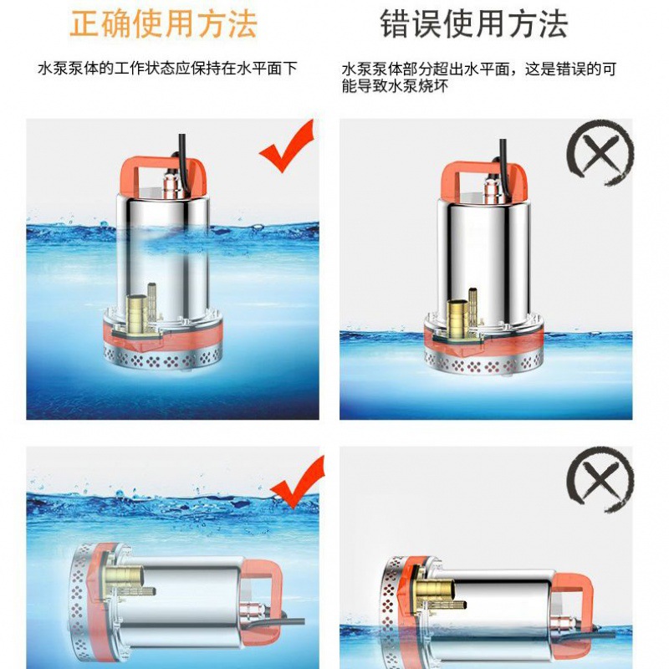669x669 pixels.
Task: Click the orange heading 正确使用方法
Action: [x=163, y=24]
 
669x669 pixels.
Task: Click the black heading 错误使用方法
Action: [x=474, y=24]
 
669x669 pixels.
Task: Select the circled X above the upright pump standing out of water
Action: [x=600, y=152]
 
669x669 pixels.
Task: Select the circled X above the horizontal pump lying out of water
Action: [x=600, y=479]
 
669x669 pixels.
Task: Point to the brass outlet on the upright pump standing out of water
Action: [x=457, y=317]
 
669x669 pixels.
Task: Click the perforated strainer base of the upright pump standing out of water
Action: [x=484, y=363]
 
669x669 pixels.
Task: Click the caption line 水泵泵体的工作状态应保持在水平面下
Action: [x=167, y=69]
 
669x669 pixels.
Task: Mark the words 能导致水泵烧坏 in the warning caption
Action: [x=395, y=86]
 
